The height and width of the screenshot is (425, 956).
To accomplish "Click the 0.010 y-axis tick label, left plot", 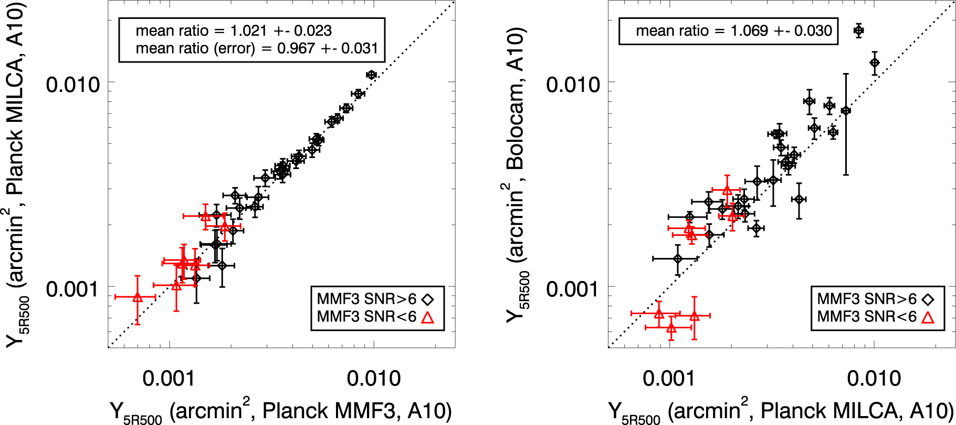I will pos(72,84).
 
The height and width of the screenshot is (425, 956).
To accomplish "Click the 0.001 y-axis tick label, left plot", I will pos(72,288).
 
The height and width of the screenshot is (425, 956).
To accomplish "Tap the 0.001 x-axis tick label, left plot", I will pos(169,378).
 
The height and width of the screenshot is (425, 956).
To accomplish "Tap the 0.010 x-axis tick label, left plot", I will pos(373,378).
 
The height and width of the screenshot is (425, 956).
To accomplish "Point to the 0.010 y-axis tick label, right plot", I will pos(573,84).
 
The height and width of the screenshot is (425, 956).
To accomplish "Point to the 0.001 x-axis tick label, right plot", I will pos(669,378).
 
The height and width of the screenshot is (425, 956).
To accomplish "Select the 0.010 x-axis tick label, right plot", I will pos(874,378).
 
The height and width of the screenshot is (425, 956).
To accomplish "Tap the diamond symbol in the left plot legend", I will pos(428,299).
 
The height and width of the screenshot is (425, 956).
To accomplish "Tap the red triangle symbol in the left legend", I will pos(428,317).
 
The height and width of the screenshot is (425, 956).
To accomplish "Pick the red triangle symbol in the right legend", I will pos(928,317).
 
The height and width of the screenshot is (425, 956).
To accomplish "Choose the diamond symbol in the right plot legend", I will pos(929,299).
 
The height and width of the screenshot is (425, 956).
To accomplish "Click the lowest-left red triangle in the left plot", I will pos(138,297).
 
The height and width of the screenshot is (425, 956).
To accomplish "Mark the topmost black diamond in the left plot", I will pos(371,75).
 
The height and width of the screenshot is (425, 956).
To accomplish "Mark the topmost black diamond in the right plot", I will pos(858,30).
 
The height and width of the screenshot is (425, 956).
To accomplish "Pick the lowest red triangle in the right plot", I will pos(671,328).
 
